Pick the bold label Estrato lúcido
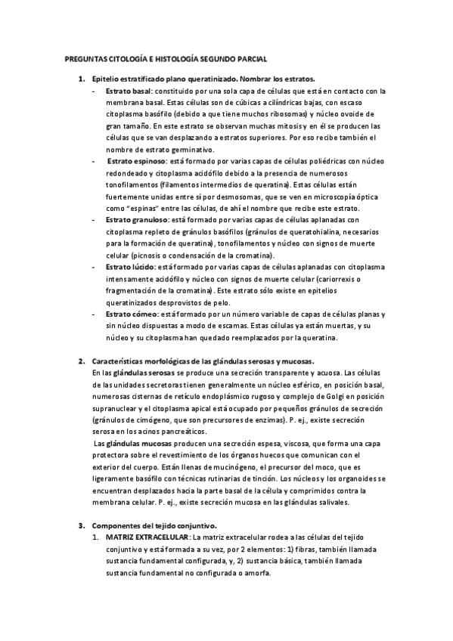[126, 267]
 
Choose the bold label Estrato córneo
[126, 314]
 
